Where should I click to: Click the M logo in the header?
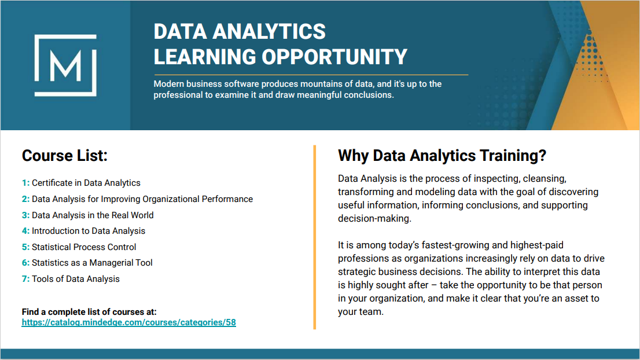pos(65,65)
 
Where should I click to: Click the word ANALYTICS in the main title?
pos(269,31)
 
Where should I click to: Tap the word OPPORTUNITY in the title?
pos(334,57)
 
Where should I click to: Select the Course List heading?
pos(64,156)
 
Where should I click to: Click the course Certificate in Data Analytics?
pos(86,183)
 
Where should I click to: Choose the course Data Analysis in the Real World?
pos(93,215)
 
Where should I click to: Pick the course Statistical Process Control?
pos(84,247)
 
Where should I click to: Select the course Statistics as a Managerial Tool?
pos(92,263)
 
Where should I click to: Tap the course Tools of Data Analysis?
pos(76,279)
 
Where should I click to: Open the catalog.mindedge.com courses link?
pos(129,322)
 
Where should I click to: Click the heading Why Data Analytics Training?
pos(442,156)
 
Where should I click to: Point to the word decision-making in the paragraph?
pos(374,218)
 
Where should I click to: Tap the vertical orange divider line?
pos(315,237)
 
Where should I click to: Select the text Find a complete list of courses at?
pos(89,312)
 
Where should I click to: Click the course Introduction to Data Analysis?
pos(89,231)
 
